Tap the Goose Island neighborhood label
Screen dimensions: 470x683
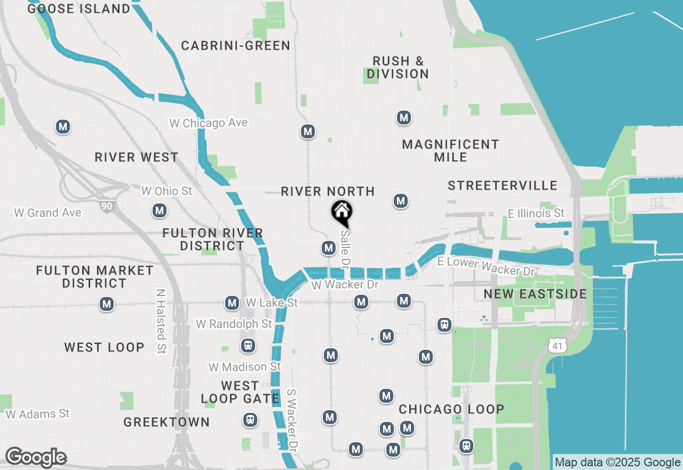point(78,9)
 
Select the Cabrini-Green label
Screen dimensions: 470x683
point(235,46)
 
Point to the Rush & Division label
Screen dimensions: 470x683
point(398,68)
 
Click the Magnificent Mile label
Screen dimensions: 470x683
point(450,151)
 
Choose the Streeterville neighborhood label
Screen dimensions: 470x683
point(503,185)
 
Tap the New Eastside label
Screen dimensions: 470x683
point(535,294)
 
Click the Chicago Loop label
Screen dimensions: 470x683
point(451,410)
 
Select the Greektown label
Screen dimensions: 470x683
point(166,422)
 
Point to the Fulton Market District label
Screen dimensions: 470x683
point(94,277)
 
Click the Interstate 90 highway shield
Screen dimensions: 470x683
point(106,205)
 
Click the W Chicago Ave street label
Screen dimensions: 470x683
point(209,123)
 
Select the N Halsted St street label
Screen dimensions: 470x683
point(161,322)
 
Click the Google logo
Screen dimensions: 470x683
point(36,458)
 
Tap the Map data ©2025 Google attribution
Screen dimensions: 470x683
point(617,463)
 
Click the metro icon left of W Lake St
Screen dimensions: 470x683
point(232,303)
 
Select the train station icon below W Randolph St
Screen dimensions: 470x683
point(247,346)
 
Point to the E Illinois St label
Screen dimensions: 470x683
point(536,214)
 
